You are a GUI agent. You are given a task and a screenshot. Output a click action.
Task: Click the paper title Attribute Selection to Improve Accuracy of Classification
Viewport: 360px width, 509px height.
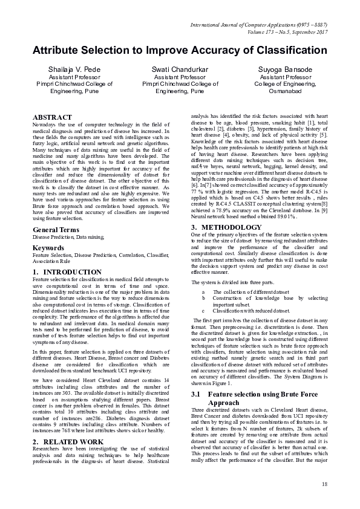click(180, 51)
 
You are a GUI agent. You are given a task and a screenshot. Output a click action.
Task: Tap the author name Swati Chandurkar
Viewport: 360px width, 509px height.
click(180, 70)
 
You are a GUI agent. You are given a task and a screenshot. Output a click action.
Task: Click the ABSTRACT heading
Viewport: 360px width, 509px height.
click(53, 117)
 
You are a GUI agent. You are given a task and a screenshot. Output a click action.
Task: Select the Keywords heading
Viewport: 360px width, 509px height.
click(49, 248)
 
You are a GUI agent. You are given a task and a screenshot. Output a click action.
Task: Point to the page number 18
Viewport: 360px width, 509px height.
click(324, 484)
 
